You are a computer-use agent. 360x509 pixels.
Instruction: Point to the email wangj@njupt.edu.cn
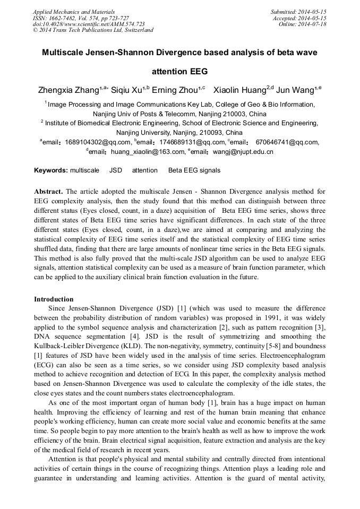click(243, 152)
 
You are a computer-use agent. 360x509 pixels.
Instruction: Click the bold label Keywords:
click(51, 170)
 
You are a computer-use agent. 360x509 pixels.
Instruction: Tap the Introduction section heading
click(54, 299)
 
